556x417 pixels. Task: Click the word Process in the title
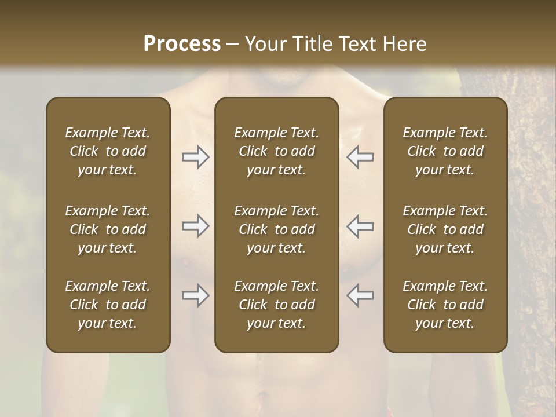pyautogui.click(x=182, y=44)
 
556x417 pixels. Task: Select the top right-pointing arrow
pyautogui.click(x=196, y=156)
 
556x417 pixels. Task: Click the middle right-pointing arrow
pyautogui.click(x=196, y=226)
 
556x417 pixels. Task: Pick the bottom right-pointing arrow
pyautogui.click(x=196, y=295)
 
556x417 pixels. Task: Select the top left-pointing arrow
pyautogui.click(x=360, y=156)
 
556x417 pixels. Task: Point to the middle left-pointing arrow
pyautogui.click(x=360, y=226)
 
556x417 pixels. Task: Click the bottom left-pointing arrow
pyautogui.click(x=360, y=295)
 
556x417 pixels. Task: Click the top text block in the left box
pyautogui.click(x=108, y=151)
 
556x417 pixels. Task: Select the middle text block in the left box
pyautogui.click(x=108, y=229)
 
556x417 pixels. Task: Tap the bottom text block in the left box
pyautogui.click(x=108, y=305)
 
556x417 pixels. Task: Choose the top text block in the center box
pyautogui.click(x=277, y=151)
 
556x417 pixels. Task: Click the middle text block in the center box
pyautogui.click(x=277, y=229)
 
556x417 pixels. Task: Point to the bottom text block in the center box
pyautogui.click(x=277, y=305)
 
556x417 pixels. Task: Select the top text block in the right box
pyautogui.click(x=445, y=151)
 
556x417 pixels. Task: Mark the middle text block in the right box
pyautogui.click(x=445, y=229)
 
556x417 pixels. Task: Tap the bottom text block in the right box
pyautogui.click(x=445, y=305)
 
